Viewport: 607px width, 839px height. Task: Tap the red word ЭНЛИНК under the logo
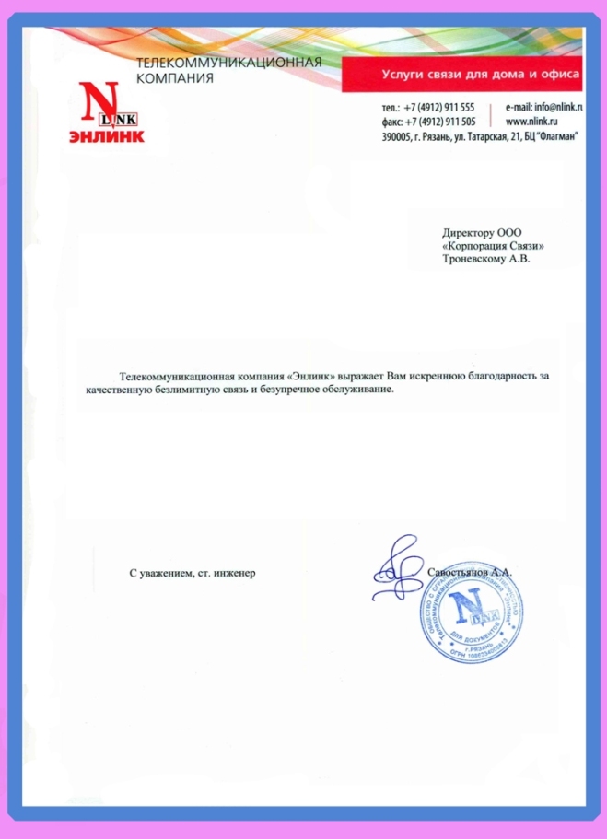point(106,136)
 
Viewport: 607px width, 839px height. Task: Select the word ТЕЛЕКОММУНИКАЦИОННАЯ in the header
point(228,63)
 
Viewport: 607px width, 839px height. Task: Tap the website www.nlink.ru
point(534,122)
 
